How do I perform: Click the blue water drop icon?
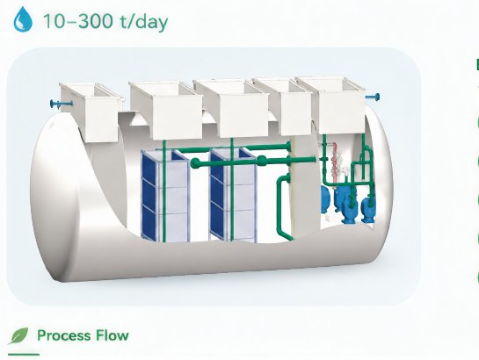point(23,19)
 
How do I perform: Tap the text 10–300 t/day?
point(105,21)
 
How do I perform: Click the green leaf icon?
point(18,336)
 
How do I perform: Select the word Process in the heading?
point(64,335)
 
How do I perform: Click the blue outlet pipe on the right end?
point(373,97)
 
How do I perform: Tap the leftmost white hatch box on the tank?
point(91,112)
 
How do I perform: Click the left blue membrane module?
point(165,195)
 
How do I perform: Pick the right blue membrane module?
point(234,195)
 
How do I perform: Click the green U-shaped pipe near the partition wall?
point(284,207)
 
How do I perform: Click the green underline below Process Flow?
point(24,355)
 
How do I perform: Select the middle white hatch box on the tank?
point(231,108)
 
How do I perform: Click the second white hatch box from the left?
point(166,110)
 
